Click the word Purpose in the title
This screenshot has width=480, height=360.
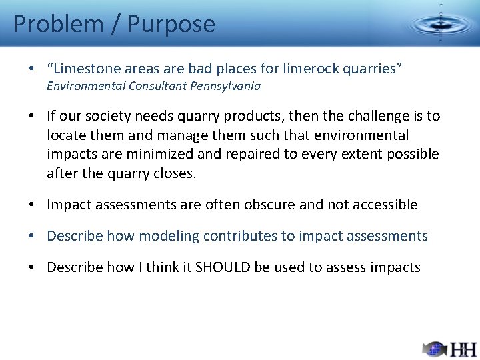tap(171, 24)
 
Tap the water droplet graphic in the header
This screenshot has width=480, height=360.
tap(440, 24)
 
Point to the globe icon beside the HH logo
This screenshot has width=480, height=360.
tap(435, 348)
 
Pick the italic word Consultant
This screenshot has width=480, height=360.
tap(156, 86)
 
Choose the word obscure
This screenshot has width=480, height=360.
tap(266, 205)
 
